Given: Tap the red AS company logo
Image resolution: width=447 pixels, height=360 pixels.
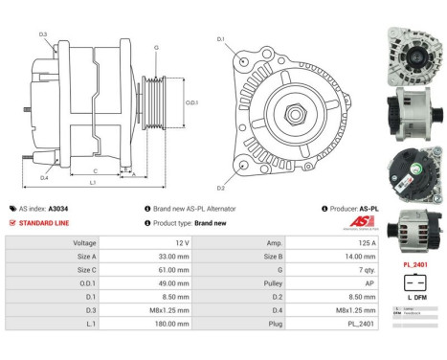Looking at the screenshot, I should tap(356, 222).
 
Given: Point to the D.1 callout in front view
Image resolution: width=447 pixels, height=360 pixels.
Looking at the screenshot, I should tap(221, 39).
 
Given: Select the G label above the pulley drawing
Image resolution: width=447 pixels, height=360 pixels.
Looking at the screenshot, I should tap(156, 46).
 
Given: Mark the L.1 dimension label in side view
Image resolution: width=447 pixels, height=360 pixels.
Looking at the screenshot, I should tap(92, 182).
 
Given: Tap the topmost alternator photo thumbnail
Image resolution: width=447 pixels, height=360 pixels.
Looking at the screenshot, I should tap(415, 48).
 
